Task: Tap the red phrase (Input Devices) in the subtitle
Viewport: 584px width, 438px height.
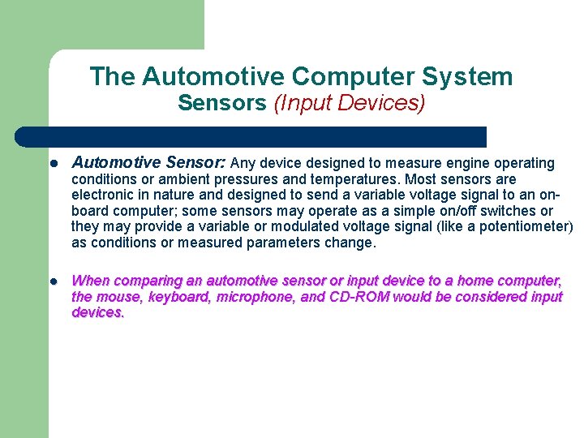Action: pos(349,104)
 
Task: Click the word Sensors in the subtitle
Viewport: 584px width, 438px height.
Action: pos(221,104)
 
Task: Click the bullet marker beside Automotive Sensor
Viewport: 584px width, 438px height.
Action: pos(53,164)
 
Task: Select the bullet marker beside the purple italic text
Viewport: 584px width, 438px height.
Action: pos(53,281)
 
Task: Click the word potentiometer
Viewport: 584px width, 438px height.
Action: pos(526,226)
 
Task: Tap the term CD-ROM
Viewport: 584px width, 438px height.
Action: pos(359,297)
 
